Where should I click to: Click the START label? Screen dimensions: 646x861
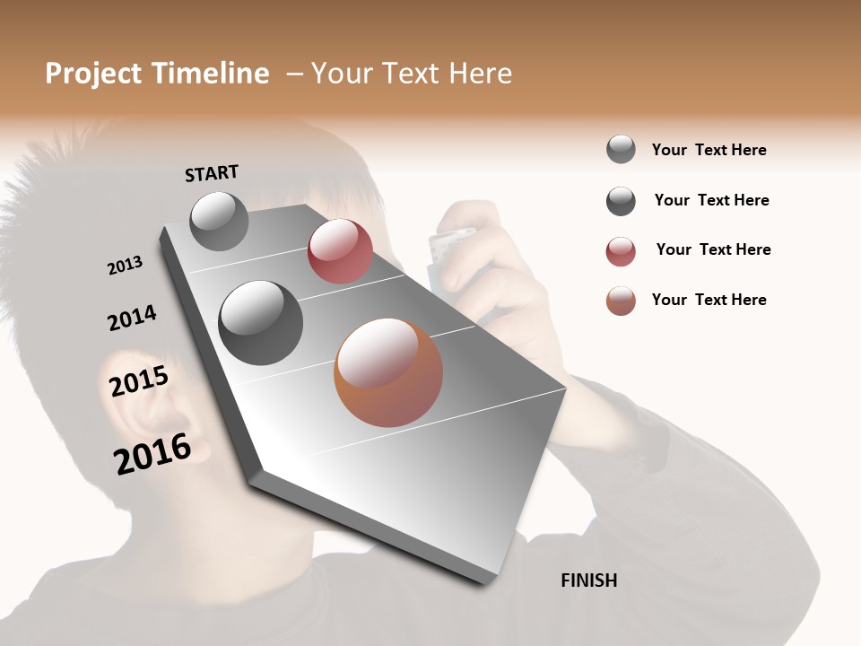[212, 173]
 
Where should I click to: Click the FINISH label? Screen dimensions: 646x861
[588, 581]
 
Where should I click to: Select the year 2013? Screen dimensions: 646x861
[125, 266]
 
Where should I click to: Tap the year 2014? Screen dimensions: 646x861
[132, 318]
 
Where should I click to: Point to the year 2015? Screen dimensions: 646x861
[139, 381]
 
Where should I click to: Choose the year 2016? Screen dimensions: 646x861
[152, 453]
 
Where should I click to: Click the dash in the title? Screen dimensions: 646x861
[292, 74]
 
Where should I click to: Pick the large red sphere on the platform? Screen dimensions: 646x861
[340, 251]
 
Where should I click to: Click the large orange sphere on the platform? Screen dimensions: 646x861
[388, 372]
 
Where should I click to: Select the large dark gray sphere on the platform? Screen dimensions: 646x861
[260, 323]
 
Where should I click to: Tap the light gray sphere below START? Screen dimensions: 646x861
[220, 221]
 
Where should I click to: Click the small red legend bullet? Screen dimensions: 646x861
[621, 251]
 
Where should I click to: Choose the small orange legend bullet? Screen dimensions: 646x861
[621, 301]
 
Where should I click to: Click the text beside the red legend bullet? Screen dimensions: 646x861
[713, 249]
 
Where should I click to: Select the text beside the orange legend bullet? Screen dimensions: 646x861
[709, 300]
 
